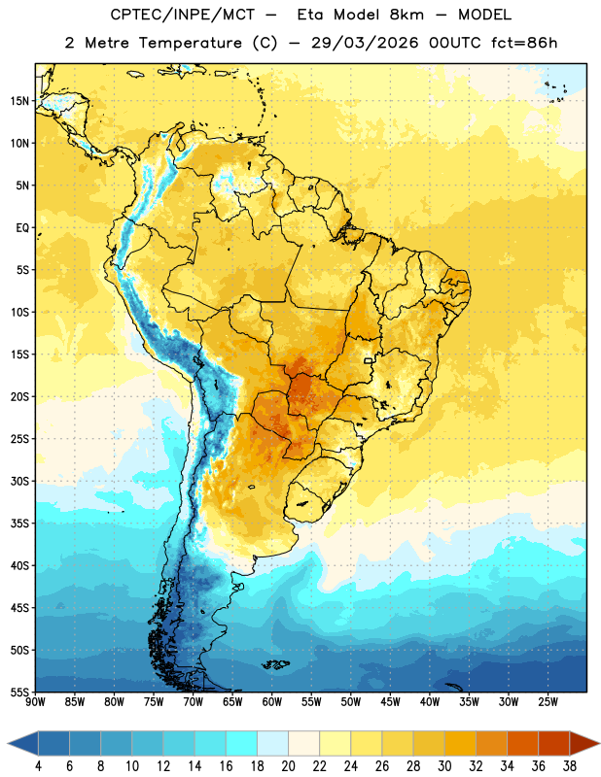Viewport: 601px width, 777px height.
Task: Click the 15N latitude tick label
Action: click(x=19, y=101)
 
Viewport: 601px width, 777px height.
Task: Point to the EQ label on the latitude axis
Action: click(x=22, y=228)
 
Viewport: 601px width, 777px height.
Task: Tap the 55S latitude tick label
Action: click(x=19, y=692)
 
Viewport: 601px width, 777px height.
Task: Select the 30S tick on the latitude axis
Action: click(x=19, y=481)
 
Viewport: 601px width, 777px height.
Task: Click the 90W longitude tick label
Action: click(x=35, y=701)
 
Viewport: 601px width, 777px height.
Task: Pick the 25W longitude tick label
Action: click(x=548, y=701)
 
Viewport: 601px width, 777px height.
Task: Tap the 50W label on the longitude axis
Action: click(x=351, y=701)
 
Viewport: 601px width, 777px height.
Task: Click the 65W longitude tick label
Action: click(x=232, y=701)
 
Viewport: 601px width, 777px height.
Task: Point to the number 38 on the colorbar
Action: click(x=570, y=766)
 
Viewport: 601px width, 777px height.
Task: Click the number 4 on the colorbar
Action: click(x=38, y=766)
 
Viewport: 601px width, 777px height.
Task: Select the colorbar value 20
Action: click(x=288, y=766)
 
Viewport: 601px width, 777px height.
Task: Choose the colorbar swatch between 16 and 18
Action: click(x=242, y=743)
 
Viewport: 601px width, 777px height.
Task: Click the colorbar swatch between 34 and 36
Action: click(x=523, y=743)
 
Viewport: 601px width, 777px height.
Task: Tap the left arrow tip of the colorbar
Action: click(x=8, y=743)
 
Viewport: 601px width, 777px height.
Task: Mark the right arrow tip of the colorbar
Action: click(x=599, y=743)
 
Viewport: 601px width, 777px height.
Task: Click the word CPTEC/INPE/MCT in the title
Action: click(x=183, y=15)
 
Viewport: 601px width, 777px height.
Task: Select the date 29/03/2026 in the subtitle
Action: click(x=365, y=43)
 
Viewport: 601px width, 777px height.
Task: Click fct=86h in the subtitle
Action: click(x=524, y=43)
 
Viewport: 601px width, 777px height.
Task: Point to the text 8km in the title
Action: click(x=407, y=15)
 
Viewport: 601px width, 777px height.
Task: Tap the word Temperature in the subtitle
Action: click(x=190, y=43)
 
